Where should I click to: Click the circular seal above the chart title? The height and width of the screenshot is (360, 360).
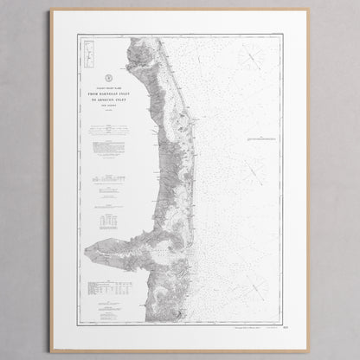(106, 75)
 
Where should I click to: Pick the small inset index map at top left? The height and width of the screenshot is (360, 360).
(87, 53)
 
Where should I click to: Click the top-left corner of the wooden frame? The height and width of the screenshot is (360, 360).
(51, 12)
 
